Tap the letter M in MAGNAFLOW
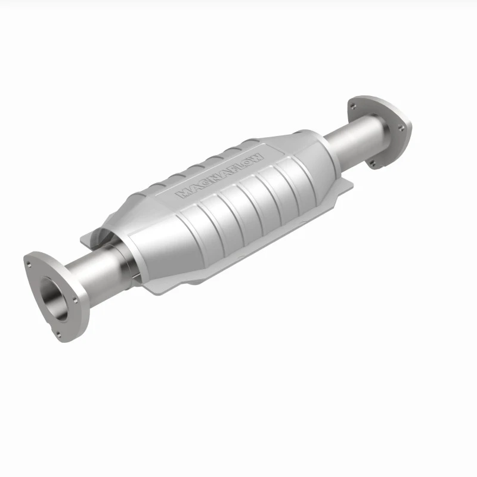pos(182,193)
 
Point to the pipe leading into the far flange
pos(355,140)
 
